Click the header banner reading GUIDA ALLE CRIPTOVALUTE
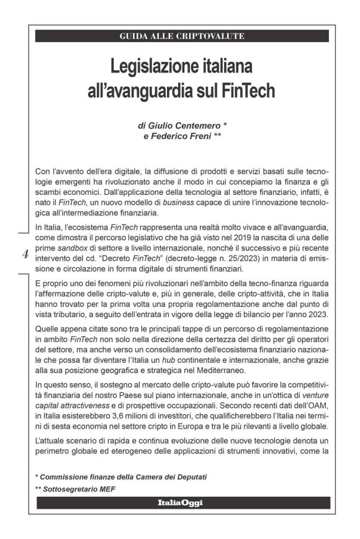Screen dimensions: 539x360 click(x=182, y=36)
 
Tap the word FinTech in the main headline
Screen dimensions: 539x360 click(x=250, y=91)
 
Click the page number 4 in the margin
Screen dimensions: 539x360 click(x=25, y=253)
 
